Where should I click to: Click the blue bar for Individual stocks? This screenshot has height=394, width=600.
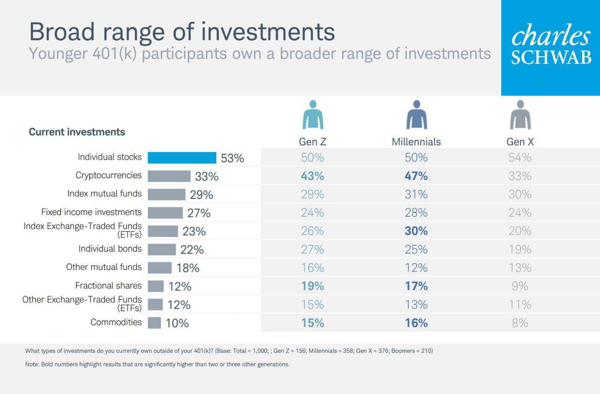tap(182, 158)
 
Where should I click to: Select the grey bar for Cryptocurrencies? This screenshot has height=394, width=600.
tap(169, 176)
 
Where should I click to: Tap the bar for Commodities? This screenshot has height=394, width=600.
tap(154, 323)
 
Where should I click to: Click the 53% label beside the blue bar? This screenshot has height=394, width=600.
tap(232, 158)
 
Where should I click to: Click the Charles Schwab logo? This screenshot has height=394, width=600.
tap(551, 47)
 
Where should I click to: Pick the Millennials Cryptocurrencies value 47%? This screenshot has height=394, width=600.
tap(416, 176)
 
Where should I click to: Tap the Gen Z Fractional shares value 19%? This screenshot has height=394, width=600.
tap(313, 286)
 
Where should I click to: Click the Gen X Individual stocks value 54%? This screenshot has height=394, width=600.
tap(520, 158)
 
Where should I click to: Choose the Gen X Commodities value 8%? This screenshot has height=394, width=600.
tap(520, 323)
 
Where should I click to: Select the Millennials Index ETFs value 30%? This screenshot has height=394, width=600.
tap(416, 231)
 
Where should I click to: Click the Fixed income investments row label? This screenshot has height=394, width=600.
tap(91, 212)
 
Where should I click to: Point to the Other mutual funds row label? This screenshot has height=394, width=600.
tap(104, 267)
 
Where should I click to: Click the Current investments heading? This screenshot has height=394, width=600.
tap(77, 132)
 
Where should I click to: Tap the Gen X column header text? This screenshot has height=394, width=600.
tap(520, 142)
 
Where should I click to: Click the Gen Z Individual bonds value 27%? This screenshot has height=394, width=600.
tap(313, 250)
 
